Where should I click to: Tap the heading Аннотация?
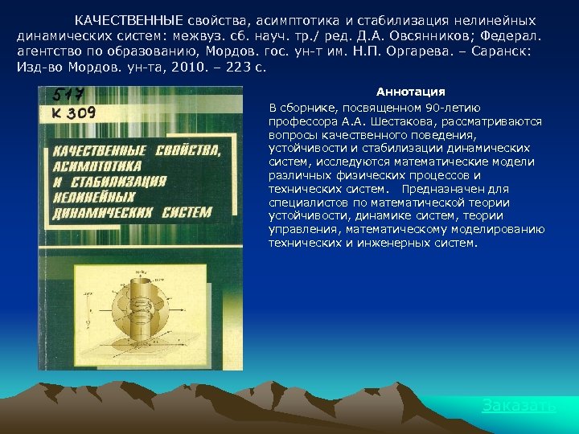point(411,92)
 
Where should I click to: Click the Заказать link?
point(519,406)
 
